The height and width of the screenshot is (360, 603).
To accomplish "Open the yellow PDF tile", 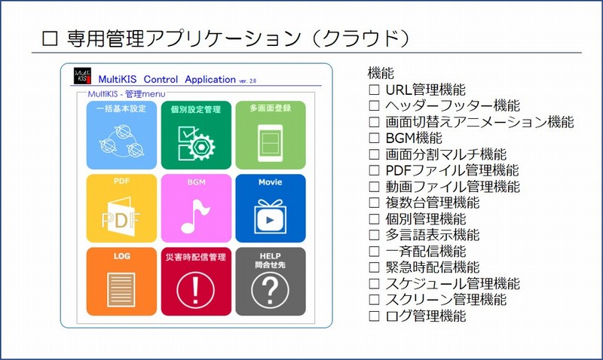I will click(121, 207).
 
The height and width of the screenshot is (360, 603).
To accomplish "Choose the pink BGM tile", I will click(196, 207).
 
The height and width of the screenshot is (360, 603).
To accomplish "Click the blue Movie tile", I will click(270, 207).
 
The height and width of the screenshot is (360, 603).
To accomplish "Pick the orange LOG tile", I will click(121, 281).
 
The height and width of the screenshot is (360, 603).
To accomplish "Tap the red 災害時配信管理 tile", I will click(196, 281).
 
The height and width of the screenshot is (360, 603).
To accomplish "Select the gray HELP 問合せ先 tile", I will click(270, 281).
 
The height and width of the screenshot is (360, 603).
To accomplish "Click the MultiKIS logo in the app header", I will click(83, 77).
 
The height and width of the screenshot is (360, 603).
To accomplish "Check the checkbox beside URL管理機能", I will click(374, 90).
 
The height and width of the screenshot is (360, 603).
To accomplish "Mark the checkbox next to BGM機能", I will click(374, 138).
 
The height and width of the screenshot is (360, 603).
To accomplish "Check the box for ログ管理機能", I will click(374, 316).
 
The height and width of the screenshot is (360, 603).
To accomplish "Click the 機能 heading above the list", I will click(381, 73).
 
